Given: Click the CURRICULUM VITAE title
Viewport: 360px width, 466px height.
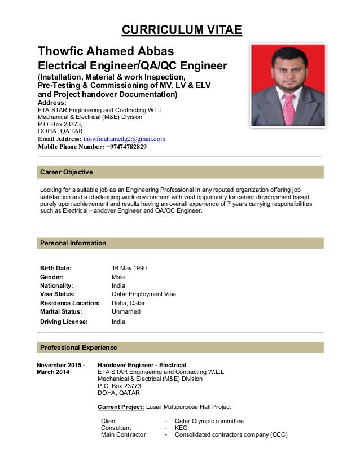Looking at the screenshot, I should click(180, 29).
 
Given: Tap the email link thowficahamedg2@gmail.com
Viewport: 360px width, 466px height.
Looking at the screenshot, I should click(124, 138).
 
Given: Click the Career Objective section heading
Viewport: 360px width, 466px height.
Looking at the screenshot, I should click(66, 172).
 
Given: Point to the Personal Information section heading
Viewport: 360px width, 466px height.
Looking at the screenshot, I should click(73, 243).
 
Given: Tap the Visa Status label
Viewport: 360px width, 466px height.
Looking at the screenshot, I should click(58, 294).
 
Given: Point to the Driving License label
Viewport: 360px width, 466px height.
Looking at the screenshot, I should click(64, 322).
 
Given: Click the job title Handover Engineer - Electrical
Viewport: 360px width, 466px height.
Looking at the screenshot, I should click(142, 365).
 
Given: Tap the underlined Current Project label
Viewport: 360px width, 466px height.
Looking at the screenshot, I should click(121, 407).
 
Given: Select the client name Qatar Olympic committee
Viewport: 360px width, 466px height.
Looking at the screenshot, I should click(209, 421).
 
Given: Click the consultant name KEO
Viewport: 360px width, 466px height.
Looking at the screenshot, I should click(181, 428).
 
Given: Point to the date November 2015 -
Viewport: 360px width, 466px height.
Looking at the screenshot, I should click(62, 365).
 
